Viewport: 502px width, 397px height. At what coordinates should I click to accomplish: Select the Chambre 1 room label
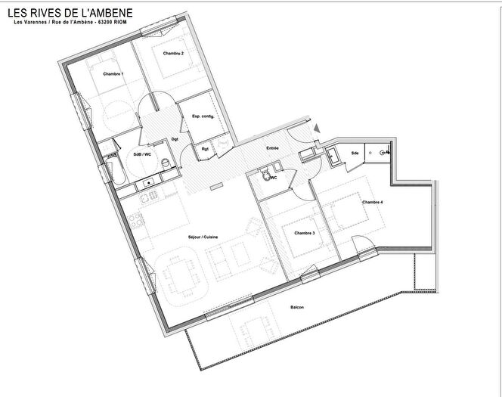(x=113, y=73)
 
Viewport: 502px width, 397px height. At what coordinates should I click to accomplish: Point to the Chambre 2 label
(x=173, y=53)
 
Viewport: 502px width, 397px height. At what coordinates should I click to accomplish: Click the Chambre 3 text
(x=304, y=233)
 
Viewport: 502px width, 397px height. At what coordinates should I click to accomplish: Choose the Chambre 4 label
(x=372, y=202)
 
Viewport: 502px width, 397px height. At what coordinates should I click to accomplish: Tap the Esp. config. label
(x=203, y=116)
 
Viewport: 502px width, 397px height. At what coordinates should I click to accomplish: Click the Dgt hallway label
(x=175, y=140)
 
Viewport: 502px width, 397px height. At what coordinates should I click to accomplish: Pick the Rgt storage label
(x=205, y=150)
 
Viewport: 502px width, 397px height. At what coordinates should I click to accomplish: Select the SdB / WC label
(x=142, y=154)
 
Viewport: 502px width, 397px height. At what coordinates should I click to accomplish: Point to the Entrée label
(x=272, y=148)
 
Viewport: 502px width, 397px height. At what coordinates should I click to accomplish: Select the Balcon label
(x=297, y=307)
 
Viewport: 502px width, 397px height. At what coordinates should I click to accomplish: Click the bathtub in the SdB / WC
(x=114, y=171)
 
